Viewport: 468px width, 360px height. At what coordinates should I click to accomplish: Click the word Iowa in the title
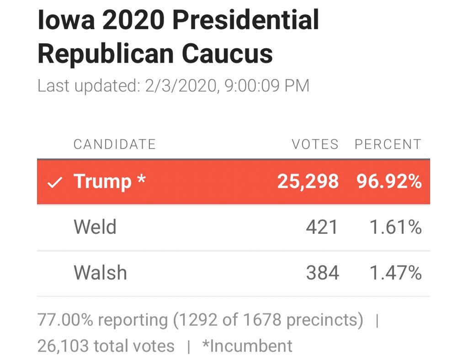[66, 20]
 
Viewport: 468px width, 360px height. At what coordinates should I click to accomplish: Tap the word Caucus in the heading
[227, 54]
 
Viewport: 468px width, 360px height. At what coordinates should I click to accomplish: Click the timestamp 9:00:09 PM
[267, 86]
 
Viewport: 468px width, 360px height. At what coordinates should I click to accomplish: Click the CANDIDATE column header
[115, 144]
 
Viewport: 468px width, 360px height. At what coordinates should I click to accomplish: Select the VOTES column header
[315, 144]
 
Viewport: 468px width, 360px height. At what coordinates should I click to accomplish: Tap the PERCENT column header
[388, 144]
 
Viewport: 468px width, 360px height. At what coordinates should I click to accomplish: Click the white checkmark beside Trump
[55, 182]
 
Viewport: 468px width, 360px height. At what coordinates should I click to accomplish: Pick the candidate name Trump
[103, 182]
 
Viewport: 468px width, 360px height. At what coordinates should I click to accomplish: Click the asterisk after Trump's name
[141, 179]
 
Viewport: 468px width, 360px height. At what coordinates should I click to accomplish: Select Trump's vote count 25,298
[308, 181]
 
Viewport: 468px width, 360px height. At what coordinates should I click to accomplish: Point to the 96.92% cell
[389, 181]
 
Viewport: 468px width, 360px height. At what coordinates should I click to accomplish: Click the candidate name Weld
[95, 227]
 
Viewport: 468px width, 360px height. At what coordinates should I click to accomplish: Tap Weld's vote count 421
[322, 227]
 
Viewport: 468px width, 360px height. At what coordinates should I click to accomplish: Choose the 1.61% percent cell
[396, 227]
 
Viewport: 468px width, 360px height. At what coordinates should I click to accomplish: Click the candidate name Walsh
[100, 273]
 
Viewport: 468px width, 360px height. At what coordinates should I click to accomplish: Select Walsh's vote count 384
[323, 273]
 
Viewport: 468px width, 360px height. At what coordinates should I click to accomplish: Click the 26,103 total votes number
[63, 346]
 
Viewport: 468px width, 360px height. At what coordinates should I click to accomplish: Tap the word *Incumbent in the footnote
[247, 346]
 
